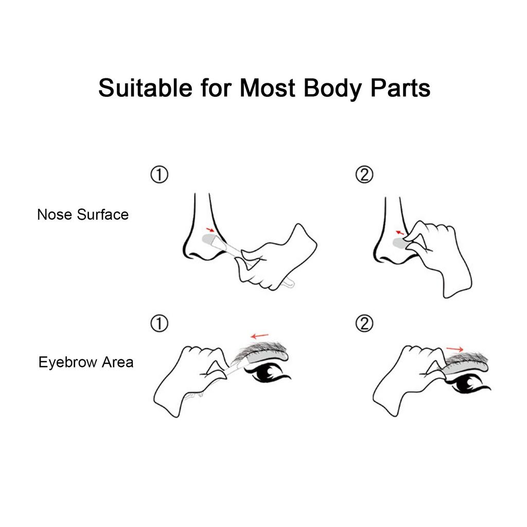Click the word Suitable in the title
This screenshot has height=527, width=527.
point(145,88)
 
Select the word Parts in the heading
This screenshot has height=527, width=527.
point(400,88)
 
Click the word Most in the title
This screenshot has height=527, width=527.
point(268,88)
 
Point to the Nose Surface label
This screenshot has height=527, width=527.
point(83,215)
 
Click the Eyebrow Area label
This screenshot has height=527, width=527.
point(86,362)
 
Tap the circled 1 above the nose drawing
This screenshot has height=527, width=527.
point(160,174)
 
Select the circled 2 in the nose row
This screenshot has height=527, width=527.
point(364,174)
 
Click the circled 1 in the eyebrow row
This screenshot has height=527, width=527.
point(160,323)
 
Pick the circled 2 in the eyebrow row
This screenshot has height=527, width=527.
point(364,323)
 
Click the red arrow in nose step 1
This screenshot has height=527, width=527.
point(210,230)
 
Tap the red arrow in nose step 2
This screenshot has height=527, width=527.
point(399,233)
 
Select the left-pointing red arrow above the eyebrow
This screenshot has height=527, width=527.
point(260,336)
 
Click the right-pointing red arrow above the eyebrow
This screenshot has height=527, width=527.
point(455,349)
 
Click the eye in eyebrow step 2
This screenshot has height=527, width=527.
point(468,383)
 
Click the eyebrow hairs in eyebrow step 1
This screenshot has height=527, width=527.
point(260,350)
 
